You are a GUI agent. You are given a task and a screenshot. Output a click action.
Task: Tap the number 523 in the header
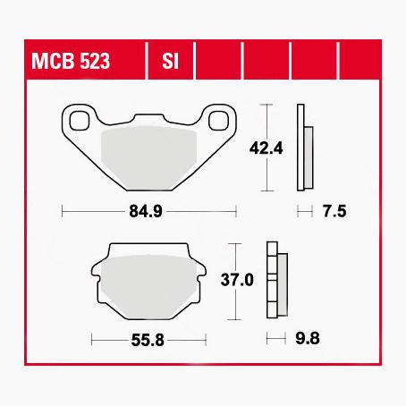[108, 63]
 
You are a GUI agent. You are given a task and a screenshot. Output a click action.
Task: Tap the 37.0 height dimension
[236, 280]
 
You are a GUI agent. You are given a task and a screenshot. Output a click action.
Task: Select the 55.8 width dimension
[148, 339]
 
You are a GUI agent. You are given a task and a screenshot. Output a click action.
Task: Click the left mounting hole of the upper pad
[77, 118]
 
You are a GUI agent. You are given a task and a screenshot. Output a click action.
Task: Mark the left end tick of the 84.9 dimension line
[61, 212]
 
